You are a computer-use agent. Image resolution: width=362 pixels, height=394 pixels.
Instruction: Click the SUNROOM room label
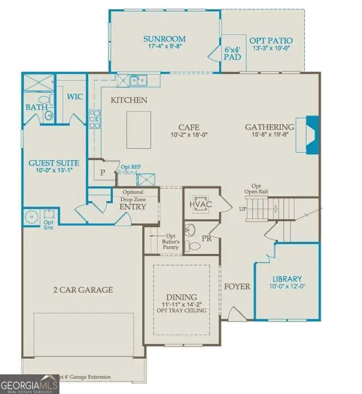pyautogui.click(x=164, y=39)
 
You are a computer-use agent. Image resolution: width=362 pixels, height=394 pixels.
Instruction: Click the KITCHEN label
pyautogui.click(x=129, y=100)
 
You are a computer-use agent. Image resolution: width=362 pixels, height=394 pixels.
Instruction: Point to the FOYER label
pyautogui.click(x=237, y=286)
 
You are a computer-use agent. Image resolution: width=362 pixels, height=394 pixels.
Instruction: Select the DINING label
pyautogui.click(x=178, y=296)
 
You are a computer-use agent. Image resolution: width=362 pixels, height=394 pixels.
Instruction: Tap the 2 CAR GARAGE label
pyautogui.click(x=82, y=289)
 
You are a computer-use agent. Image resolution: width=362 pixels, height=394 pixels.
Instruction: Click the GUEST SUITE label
pyautogui.click(x=53, y=163)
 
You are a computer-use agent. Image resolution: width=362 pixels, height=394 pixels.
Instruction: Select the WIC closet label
pyautogui.click(x=74, y=96)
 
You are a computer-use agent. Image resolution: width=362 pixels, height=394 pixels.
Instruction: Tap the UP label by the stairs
pyautogui.click(x=243, y=209)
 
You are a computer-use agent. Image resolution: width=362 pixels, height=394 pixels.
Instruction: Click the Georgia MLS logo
pyautogui.click(x=29, y=384)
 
